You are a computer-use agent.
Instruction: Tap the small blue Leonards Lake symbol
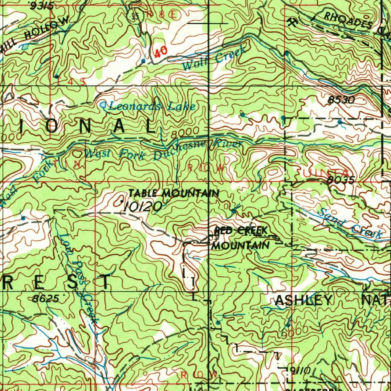[x=103, y=104]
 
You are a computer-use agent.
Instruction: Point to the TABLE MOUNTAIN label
[x=174, y=194]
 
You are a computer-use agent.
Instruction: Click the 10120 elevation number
[x=142, y=207]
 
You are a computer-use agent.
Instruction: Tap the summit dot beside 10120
[x=122, y=201]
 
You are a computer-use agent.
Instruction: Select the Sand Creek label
[x=349, y=224]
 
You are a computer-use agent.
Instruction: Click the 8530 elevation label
[x=341, y=100]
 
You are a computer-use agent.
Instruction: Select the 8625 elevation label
[x=45, y=299]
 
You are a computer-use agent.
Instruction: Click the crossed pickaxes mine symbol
[x=292, y=22]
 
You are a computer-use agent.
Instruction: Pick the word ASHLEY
[x=303, y=301]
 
